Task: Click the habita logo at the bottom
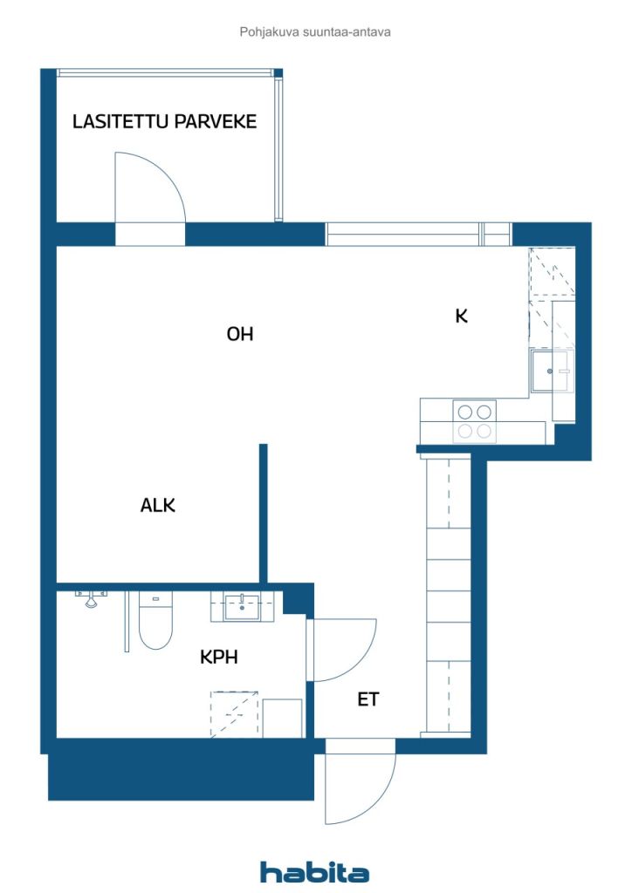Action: pos(314,871)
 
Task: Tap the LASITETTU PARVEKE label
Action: pos(164,121)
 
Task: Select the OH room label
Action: pos(239,334)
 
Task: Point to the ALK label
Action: pos(158,505)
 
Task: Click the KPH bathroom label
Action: pos(219,658)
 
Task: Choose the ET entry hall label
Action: pos(368,699)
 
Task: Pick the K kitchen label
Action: pos(462,316)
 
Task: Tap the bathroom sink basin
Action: pos(242,607)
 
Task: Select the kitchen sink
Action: pos(550,372)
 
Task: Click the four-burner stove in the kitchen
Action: pos(475,421)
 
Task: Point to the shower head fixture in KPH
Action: pos(91,598)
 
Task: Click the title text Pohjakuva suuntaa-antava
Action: pos(315,32)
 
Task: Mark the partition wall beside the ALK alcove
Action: pos(264,514)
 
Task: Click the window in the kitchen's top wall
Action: pos(418,234)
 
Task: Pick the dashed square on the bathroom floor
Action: pos(234,714)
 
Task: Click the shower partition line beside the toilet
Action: pos(127,621)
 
